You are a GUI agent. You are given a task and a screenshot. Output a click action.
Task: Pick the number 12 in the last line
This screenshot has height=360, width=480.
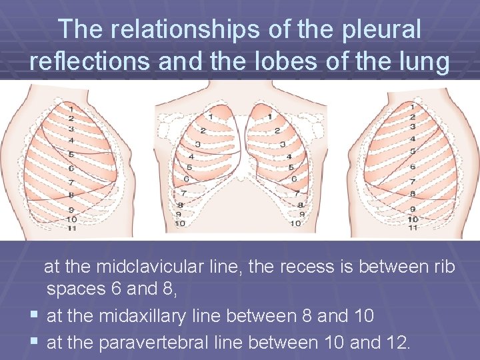click(x=399, y=343)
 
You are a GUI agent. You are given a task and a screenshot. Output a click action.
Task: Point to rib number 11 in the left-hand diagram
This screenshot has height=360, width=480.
click(x=71, y=228)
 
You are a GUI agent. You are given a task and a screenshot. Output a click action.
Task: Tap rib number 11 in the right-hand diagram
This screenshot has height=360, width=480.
click(x=413, y=228)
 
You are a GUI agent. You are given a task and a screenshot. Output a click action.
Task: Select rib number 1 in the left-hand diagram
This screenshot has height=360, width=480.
click(x=71, y=107)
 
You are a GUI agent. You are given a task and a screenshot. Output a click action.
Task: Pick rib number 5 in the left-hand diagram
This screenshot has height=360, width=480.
click(x=71, y=154)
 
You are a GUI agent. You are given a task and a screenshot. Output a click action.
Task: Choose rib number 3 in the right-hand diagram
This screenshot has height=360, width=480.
click(x=413, y=127)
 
